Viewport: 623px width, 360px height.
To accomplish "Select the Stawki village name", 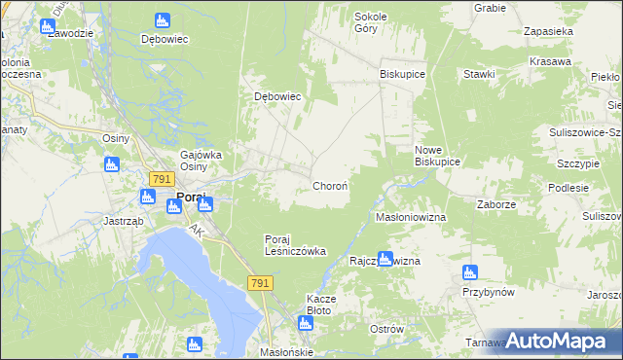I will click(x=479, y=74).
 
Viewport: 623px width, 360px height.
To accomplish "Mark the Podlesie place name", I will click(x=568, y=188).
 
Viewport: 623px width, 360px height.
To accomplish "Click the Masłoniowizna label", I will click(x=411, y=217).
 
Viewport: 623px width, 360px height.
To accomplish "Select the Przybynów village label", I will click(x=488, y=292).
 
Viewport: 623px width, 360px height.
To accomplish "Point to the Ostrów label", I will click(x=386, y=329).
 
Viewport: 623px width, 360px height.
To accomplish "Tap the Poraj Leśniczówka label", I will click(x=295, y=245).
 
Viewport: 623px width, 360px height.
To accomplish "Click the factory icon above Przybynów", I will click(x=470, y=272).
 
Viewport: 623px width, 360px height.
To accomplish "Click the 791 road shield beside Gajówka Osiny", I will click(x=162, y=179).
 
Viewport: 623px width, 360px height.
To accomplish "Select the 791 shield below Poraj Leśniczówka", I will click(x=259, y=282).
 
